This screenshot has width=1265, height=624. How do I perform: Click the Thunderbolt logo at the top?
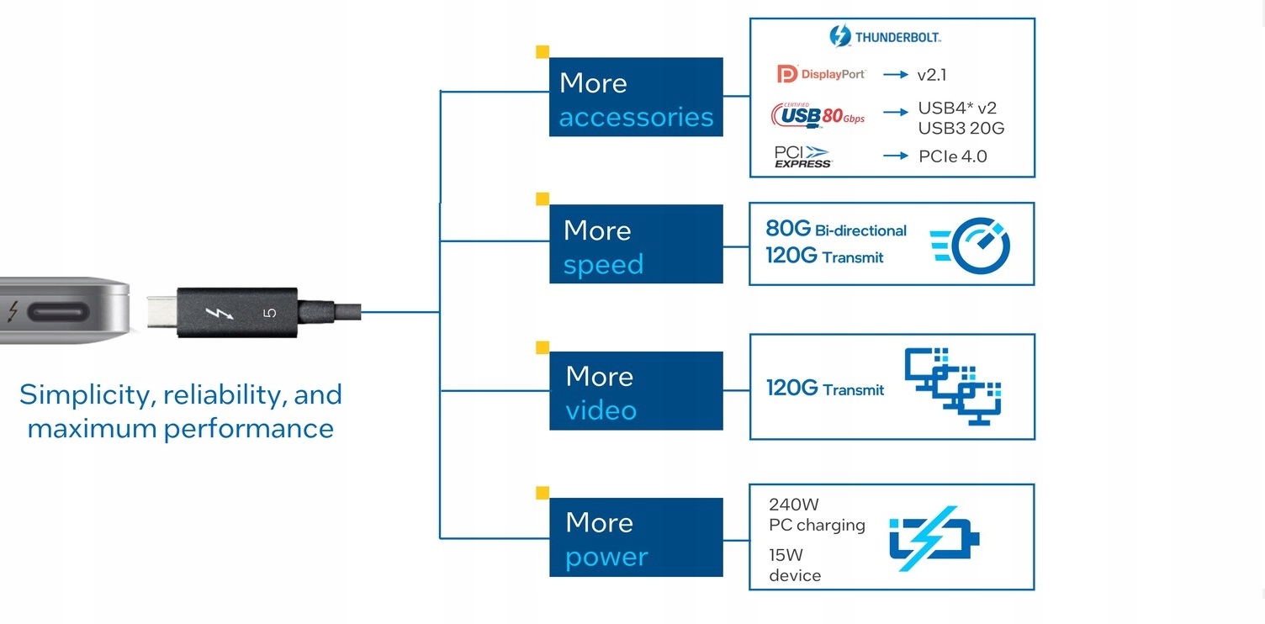(885, 36)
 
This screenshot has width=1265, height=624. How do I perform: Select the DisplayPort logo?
(821, 75)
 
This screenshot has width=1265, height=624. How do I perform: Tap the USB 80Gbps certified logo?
(818, 115)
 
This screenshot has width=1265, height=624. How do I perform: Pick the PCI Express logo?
(802, 156)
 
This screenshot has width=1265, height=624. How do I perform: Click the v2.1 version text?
(931, 75)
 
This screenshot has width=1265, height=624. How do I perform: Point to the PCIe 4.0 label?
(952, 156)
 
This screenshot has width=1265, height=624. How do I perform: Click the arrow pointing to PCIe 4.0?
(896, 156)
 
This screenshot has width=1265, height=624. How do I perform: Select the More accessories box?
(636, 97)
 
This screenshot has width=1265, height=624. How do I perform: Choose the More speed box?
(636, 244)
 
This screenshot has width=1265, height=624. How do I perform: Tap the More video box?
(636, 391)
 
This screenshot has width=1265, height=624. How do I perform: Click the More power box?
(636, 537)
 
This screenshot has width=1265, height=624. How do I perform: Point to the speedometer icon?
(971, 246)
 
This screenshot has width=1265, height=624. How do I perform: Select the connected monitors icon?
(954, 385)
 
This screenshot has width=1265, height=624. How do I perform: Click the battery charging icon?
(934, 537)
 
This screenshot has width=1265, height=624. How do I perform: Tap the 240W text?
(793, 505)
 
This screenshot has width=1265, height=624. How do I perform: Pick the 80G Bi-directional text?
(835, 229)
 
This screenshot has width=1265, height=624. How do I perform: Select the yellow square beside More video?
(543, 347)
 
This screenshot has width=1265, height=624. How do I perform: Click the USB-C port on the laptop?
(58, 314)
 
